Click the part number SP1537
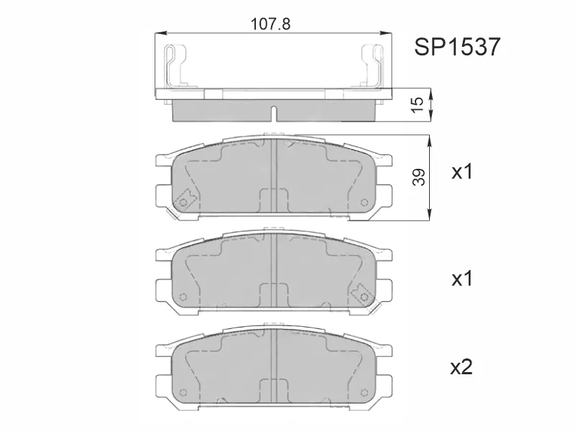457,48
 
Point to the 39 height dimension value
420,176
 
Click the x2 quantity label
461,368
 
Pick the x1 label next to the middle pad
461,279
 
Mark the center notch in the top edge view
274,113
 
